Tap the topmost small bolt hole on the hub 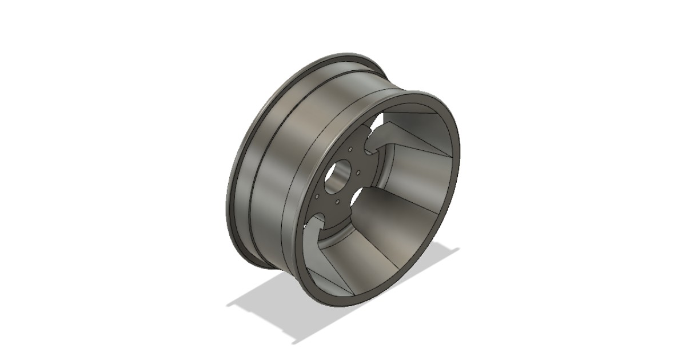(350, 149)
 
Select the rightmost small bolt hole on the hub (357, 172)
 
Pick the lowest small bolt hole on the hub (338, 202)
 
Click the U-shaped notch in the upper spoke (370, 141)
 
